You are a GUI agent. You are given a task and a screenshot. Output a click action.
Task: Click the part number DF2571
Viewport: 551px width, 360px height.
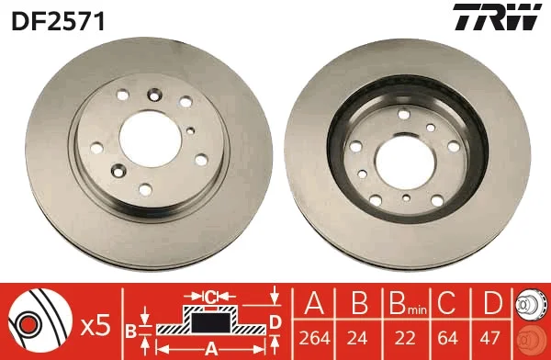pos(59,21)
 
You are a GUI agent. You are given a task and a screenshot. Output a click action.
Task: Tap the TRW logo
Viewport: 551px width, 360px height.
pos(497,17)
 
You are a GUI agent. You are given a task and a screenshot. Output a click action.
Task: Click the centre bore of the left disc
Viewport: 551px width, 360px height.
pos(150,140)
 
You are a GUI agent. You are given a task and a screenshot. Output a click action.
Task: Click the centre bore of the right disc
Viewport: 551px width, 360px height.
pos(405,161)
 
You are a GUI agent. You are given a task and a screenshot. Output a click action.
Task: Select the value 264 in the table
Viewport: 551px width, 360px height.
pos(314,338)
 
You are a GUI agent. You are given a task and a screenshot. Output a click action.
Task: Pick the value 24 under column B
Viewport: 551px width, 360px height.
pos(357,338)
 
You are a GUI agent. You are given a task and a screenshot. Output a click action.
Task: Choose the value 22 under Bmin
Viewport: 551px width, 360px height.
pos(405,338)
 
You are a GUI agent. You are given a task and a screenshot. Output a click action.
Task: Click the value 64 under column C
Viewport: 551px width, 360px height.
pos(448,338)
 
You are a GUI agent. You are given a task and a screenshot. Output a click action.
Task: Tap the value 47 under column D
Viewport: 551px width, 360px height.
pos(489,338)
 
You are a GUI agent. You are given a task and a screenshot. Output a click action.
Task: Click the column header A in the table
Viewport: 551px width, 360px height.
pos(314,303)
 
